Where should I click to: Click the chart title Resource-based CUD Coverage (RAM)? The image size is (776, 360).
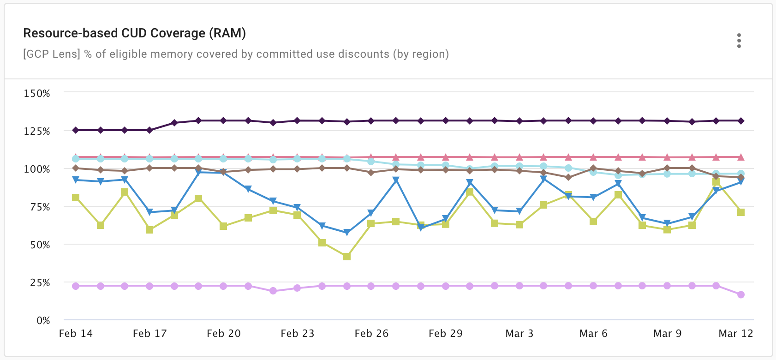[134, 33]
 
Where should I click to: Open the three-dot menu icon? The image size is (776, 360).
[739, 41]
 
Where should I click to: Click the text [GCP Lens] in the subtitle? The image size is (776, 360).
[52, 54]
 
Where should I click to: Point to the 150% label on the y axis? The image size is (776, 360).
[37, 93]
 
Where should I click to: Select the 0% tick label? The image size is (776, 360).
[43, 320]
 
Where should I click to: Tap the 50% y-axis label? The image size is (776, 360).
[40, 245]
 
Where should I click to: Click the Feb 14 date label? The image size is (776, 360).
[76, 333]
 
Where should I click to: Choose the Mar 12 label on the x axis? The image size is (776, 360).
[735, 333]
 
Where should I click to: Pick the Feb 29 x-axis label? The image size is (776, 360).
[445, 333]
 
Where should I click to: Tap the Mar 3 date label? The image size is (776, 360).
[519, 333]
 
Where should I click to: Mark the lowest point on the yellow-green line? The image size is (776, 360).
[347, 256]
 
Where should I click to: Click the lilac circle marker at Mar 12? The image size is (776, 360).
[741, 294]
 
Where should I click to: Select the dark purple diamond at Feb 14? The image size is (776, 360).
[76, 130]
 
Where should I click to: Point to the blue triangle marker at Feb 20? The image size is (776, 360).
[223, 173]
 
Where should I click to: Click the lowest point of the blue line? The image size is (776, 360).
[347, 232]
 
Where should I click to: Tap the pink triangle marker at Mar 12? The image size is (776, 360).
[741, 157]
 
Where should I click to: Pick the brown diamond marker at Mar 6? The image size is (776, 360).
[593, 168]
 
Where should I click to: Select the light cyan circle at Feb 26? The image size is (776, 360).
[371, 162]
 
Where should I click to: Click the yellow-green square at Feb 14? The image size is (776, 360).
[76, 198]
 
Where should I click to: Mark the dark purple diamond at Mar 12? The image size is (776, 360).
[741, 121]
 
